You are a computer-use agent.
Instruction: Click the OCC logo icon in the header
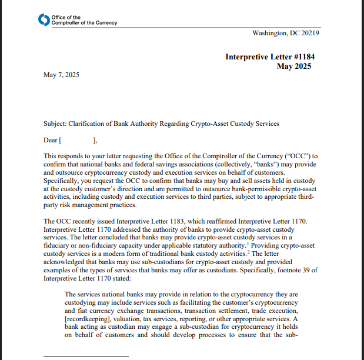[44, 20]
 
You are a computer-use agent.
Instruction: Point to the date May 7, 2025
[61, 75]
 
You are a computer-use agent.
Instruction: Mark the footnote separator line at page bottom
[86, 356]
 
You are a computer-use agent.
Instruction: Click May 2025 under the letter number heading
[294, 66]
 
